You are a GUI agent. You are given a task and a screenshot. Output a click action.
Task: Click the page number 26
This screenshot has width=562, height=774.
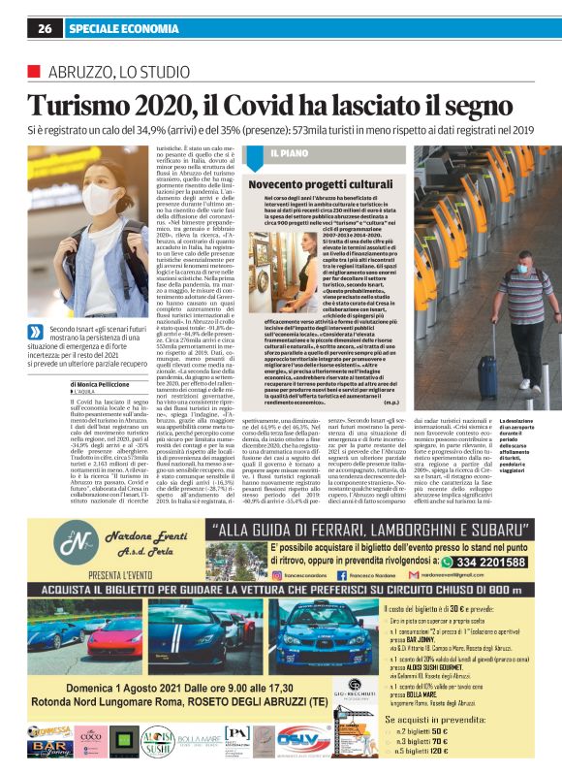tap(45, 28)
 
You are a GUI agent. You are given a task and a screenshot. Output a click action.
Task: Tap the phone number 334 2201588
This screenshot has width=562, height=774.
tap(488, 560)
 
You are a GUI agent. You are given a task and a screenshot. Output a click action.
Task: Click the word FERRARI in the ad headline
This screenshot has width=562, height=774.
tap(314, 530)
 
